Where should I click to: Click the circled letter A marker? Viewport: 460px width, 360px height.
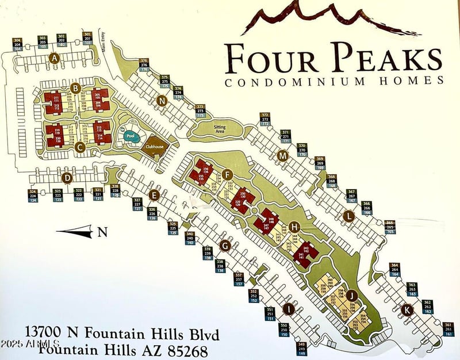(55, 58)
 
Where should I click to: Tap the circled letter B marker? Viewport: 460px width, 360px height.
(75, 88)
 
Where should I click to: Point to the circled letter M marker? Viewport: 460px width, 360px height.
(282, 156)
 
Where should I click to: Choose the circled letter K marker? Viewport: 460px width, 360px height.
(407, 309)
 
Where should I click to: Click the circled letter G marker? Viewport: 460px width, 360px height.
(225, 246)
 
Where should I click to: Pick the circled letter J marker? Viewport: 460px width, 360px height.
(353, 296)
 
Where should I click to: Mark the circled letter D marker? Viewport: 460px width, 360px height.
(67, 178)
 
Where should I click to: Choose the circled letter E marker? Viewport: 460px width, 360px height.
(153, 195)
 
